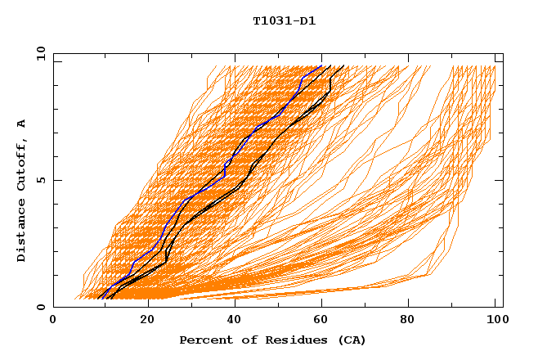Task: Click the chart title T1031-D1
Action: (x=284, y=20)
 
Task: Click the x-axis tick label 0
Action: (x=53, y=321)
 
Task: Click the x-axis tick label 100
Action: (x=495, y=321)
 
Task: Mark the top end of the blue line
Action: (x=321, y=65)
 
